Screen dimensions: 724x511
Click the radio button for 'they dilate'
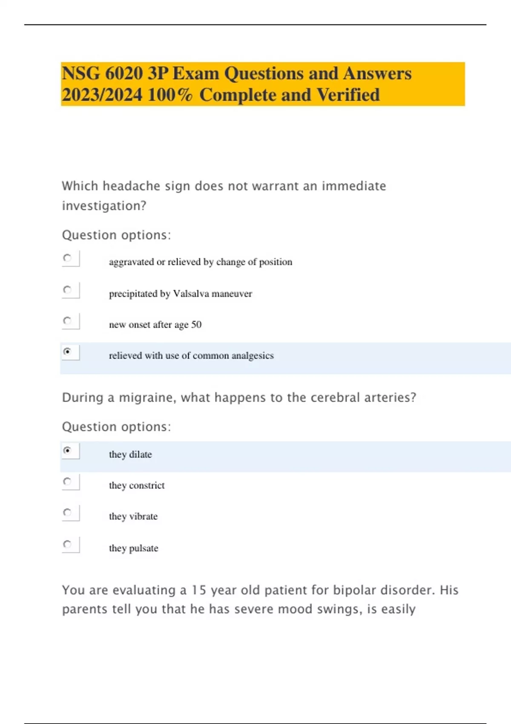tap(67, 450)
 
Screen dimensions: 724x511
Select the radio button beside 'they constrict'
tap(67, 481)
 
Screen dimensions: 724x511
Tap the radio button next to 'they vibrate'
tap(67, 512)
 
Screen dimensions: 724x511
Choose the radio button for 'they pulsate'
tap(67, 544)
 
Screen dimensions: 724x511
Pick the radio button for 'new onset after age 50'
tap(67, 320)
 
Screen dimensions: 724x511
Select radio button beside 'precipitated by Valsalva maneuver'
tap(67, 290)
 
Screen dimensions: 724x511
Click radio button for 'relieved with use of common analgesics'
tap(67, 351)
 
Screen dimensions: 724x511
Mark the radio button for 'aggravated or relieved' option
tap(67, 258)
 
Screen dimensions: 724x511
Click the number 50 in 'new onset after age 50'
tap(196, 325)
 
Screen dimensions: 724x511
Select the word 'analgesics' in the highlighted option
tap(253, 356)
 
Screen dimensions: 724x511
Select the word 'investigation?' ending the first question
tap(104, 206)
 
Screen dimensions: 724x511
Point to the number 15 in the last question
tap(198, 590)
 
